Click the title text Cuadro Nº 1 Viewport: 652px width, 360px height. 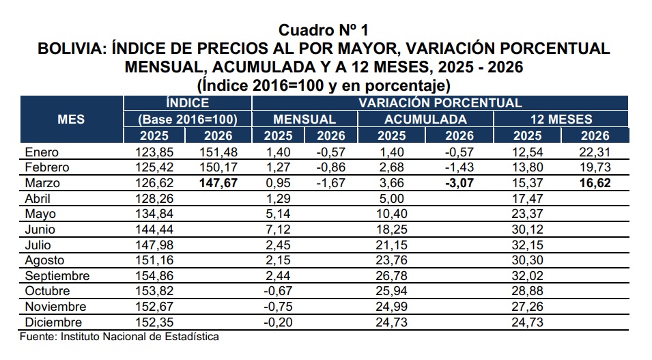[x=324, y=30]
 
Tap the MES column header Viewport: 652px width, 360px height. [x=71, y=119]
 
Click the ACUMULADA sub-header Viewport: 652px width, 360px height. [x=416, y=119]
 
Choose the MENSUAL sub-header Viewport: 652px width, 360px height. [x=304, y=119]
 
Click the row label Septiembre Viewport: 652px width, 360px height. [x=57, y=276]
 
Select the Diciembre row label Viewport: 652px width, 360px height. [x=53, y=322]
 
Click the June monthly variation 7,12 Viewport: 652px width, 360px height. [x=277, y=230]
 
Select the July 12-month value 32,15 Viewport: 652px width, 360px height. [x=528, y=245]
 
